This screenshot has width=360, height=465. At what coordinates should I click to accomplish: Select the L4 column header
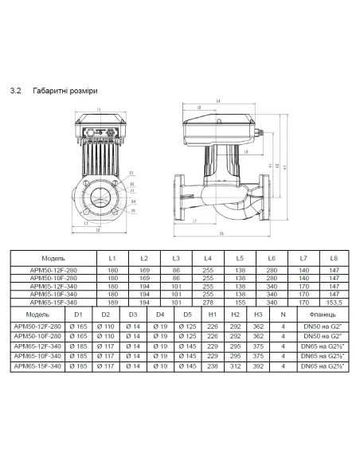(x=207, y=260)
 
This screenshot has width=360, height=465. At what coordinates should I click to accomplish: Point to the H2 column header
(x=235, y=315)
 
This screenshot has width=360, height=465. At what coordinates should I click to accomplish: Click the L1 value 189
(x=112, y=303)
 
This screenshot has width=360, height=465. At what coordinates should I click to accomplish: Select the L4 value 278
(x=207, y=303)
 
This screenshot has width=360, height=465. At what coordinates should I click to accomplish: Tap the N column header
(x=283, y=315)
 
